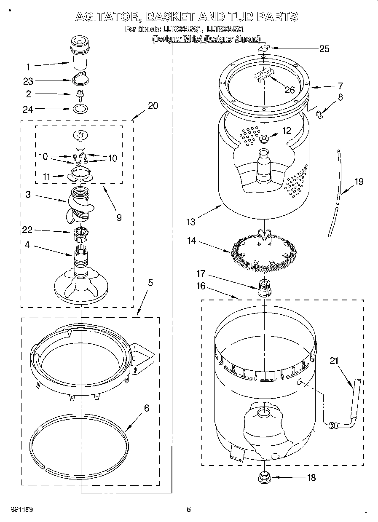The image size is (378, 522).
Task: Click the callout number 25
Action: click(x=324, y=48)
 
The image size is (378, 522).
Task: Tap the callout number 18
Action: click(x=311, y=478)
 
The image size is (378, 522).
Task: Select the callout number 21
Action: click(x=334, y=361)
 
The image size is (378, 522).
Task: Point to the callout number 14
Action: click(x=192, y=241)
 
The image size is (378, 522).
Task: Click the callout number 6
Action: click(x=147, y=408)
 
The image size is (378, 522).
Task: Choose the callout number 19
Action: click(x=359, y=182)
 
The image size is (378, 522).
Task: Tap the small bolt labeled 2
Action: click(x=79, y=94)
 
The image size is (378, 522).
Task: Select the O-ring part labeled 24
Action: click(x=79, y=110)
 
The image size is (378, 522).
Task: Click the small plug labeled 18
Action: click(x=265, y=477)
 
